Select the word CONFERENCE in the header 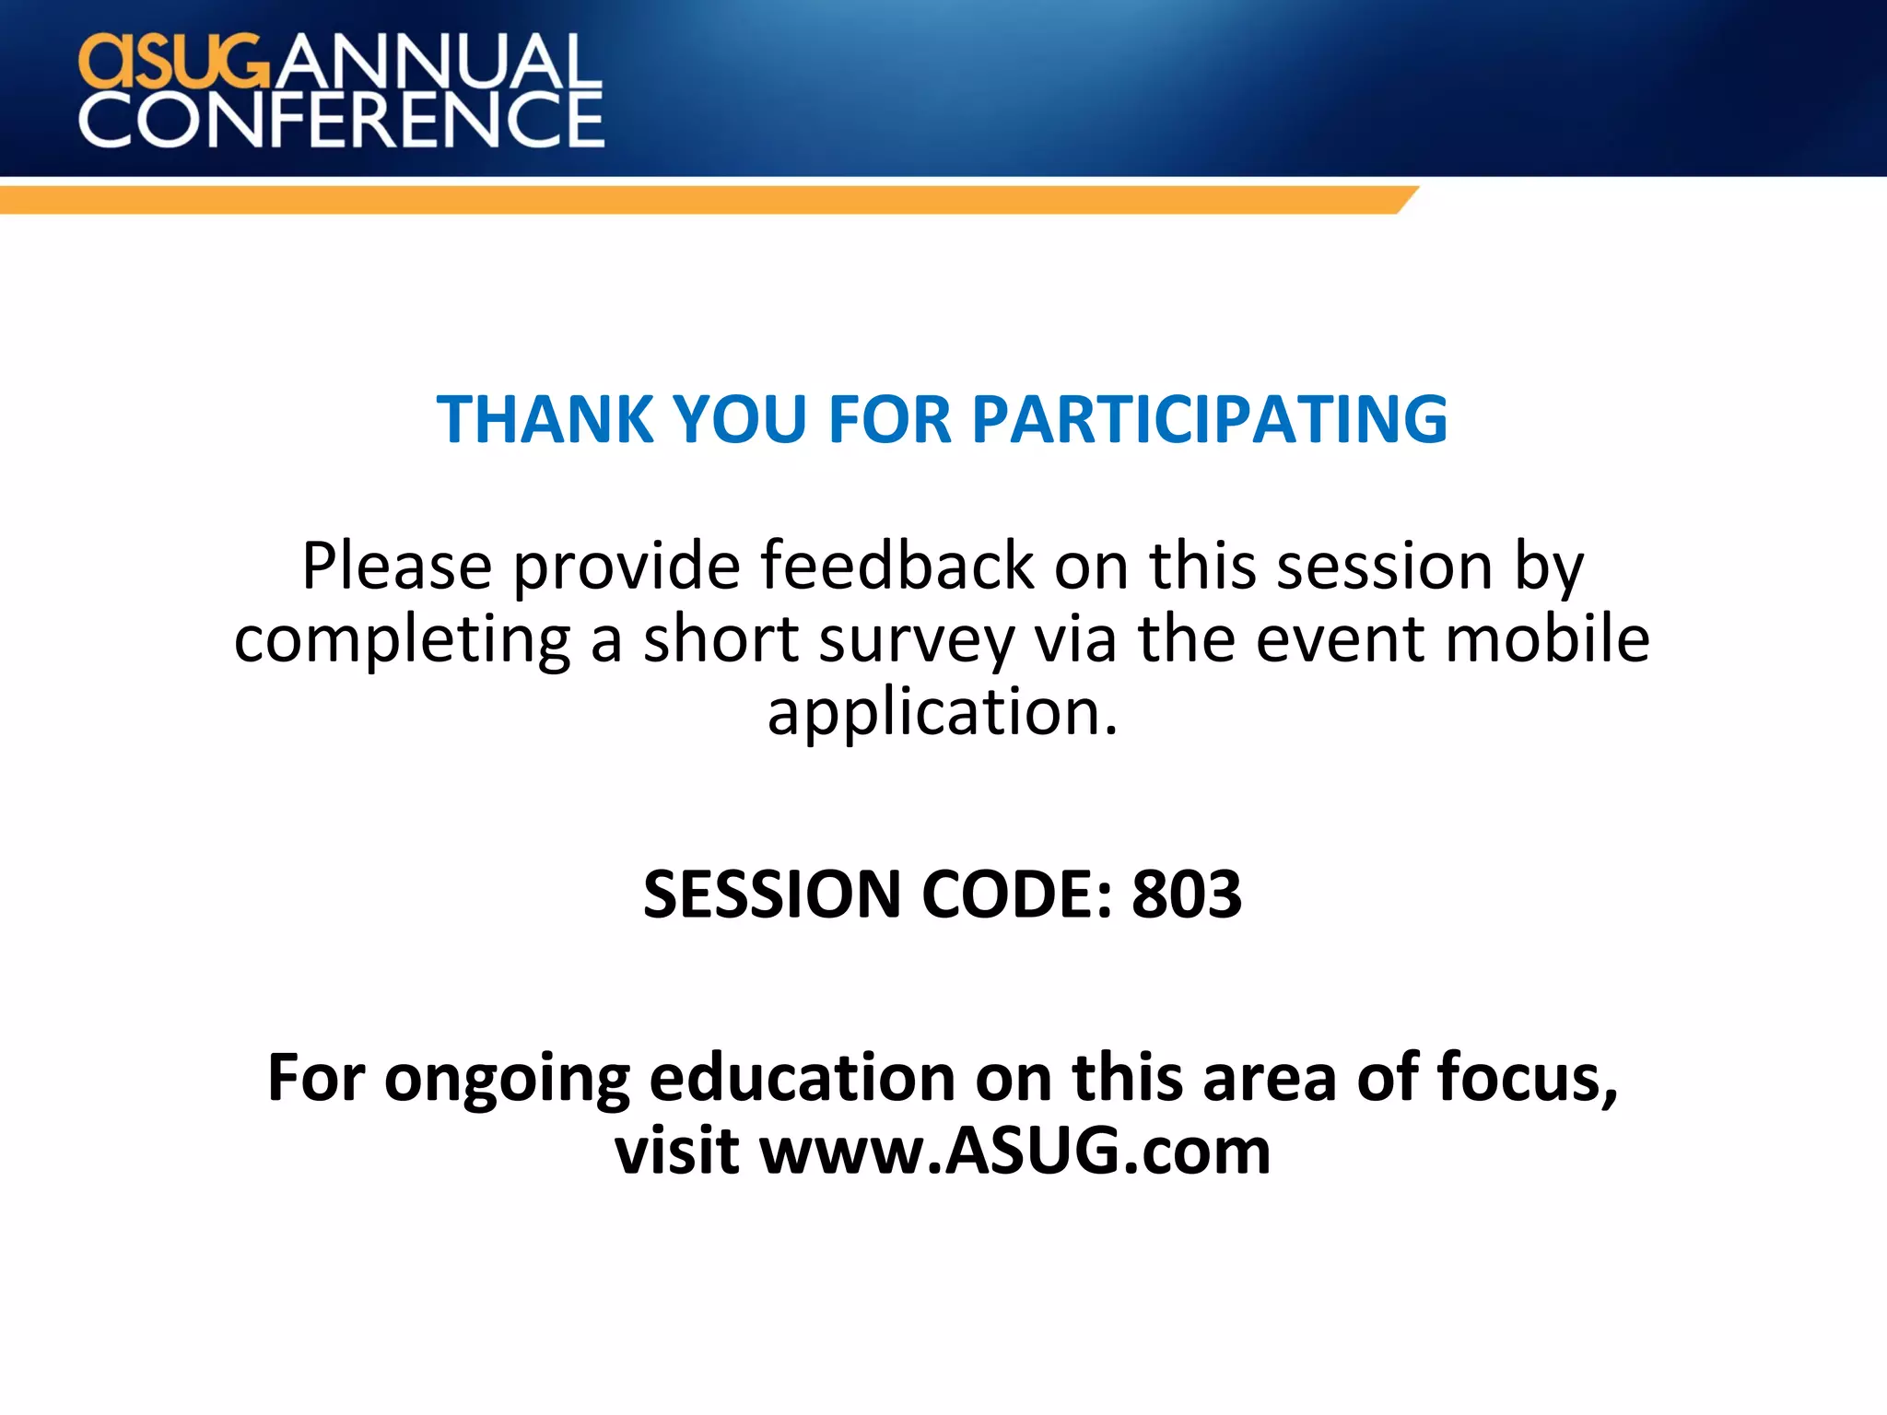point(341,120)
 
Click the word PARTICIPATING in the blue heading point(1209,420)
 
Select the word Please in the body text point(396,566)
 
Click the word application point(942,713)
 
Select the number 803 point(1187,895)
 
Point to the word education point(803,1077)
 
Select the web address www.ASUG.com point(1014,1152)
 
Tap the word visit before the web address point(676,1152)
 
